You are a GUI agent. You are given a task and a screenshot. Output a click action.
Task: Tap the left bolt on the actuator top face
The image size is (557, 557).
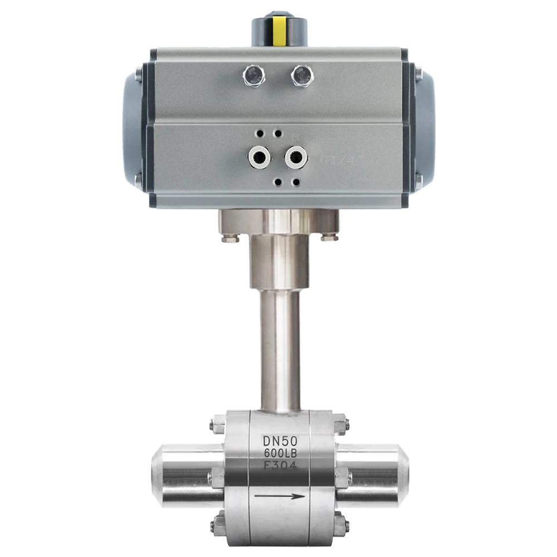pos(254,75)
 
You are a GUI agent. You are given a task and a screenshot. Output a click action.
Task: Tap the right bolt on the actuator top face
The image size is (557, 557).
pos(302,75)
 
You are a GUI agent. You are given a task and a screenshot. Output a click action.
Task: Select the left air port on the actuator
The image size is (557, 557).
pos(260,158)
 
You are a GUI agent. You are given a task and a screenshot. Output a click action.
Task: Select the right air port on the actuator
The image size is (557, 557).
pos(296,158)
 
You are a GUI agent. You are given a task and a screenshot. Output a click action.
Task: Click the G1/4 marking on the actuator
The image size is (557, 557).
pos(333,160)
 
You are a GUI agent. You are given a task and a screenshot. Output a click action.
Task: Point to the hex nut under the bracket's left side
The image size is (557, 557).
pos(230,238)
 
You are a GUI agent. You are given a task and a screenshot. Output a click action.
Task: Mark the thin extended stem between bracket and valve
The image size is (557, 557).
pos(280,351)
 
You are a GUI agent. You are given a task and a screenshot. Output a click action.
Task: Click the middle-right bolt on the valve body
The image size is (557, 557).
pos(342,477)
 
